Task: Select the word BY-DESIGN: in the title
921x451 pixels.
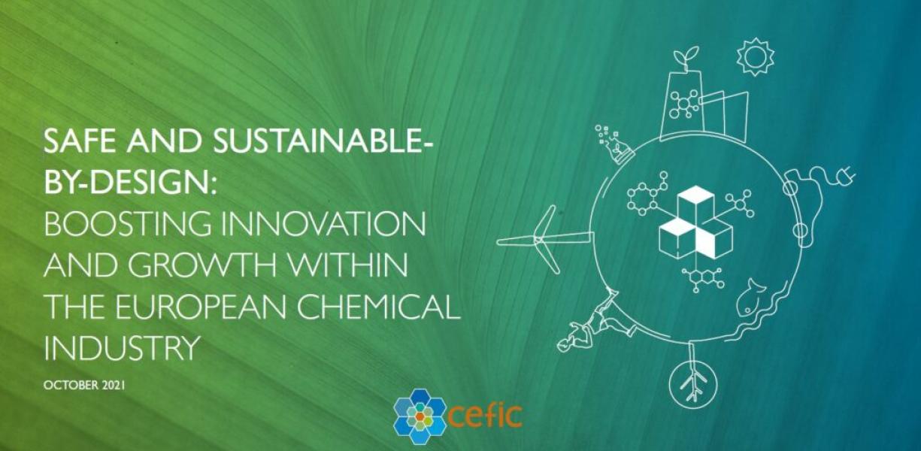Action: pos(130,182)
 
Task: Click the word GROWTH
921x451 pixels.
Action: pos(204,265)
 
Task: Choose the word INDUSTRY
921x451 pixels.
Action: pos(122,347)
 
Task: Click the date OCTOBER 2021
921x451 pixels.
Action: pos(84,386)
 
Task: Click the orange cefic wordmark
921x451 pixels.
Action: pos(485,416)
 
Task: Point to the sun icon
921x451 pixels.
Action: pos(756,56)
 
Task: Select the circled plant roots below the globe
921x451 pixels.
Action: pos(694,384)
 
